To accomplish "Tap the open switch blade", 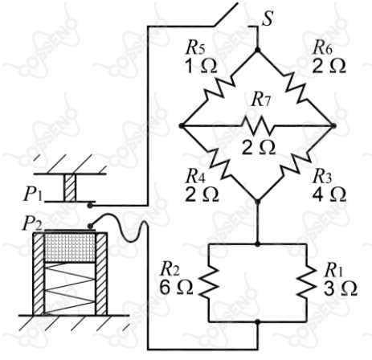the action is coord(226,14).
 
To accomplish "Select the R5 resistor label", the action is coord(196,48).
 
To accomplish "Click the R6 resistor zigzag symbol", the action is coord(296,88).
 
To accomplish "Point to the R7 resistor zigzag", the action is coord(258,125).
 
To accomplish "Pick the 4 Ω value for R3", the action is coord(329,194).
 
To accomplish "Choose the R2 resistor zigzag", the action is coord(209,283).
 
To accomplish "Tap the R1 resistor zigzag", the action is coord(306,283).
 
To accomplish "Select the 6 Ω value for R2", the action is coord(176,288).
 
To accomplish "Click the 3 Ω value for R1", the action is coord(340,288).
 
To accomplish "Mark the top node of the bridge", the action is coord(257,50).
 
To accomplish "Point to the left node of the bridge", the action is coord(182,125).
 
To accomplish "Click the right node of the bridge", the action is coord(333,125).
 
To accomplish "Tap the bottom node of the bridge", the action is coord(257,202).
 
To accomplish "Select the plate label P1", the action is coord(33,194).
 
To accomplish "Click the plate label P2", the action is coord(32,224).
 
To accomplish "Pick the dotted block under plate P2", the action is coord(70,247).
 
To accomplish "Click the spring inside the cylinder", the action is coord(70,288).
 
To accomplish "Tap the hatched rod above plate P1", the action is coord(70,187).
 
